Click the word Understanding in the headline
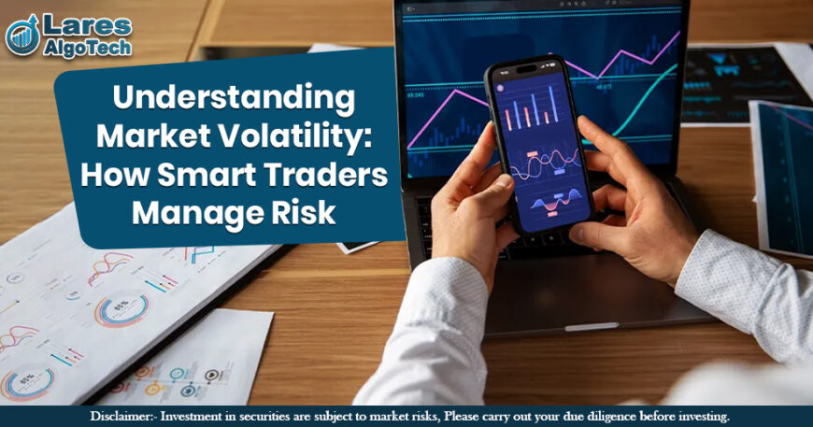(x=234, y=98)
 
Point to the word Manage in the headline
(x=190, y=213)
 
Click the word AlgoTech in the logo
(x=85, y=46)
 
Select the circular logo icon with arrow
(x=22, y=36)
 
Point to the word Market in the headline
(x=154, y=136)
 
